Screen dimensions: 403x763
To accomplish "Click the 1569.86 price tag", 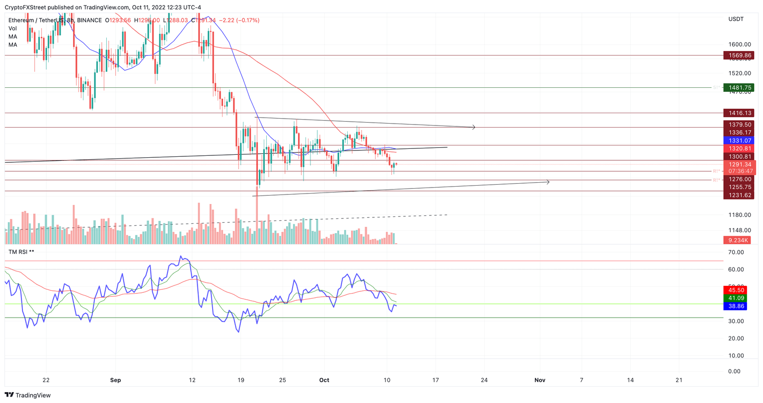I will click(x=739, y=56).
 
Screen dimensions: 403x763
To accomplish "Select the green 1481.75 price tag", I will click(x=739, y=88).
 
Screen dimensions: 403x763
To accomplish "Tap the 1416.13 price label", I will click(x=739, y=113).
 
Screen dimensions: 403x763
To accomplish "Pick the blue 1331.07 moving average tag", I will click(x=739, y=141).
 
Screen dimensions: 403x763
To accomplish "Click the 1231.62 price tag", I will click(x=739, y=196).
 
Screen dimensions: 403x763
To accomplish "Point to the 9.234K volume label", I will click(x=739, y=240).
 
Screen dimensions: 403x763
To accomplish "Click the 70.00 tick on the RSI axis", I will click(x=736, y=253).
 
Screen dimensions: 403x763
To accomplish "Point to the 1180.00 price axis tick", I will click(x=739, y=215).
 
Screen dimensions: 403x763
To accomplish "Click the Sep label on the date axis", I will click(x=115, y=380).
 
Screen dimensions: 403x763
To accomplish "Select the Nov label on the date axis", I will click(x=540, y=380).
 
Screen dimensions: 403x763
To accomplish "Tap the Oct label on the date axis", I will click(x=324, y=380).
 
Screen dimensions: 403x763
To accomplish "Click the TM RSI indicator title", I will click(x=21, y=252).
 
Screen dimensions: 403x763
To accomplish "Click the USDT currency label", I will click(x=736, y=19).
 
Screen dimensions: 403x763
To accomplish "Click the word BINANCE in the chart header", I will click(x=89, y=20).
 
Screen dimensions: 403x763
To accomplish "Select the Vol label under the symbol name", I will click(x=12, y=29).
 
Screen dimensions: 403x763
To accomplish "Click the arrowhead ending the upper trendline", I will click(x=474, y=128).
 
